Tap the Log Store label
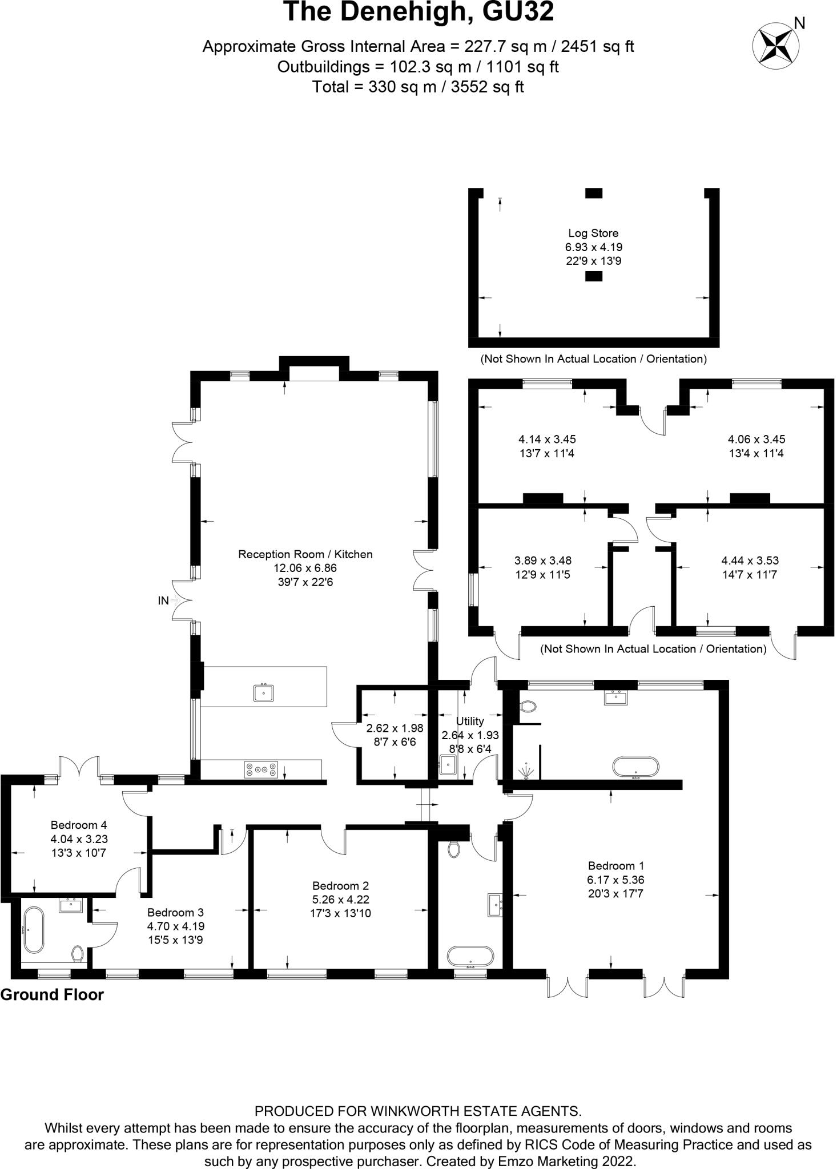point(593,233)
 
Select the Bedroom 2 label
point(340,885)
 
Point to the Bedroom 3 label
point(175,912)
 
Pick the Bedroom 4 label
point(79,825)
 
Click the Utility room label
point(470,721)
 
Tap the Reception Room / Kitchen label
point(305,554)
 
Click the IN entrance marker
point(163,600)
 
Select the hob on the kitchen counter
point(261,769)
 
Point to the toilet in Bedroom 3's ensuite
point(78,953)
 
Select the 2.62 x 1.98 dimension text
point(395,728)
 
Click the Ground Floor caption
point(52,995)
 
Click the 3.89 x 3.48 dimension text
point(542,561)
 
